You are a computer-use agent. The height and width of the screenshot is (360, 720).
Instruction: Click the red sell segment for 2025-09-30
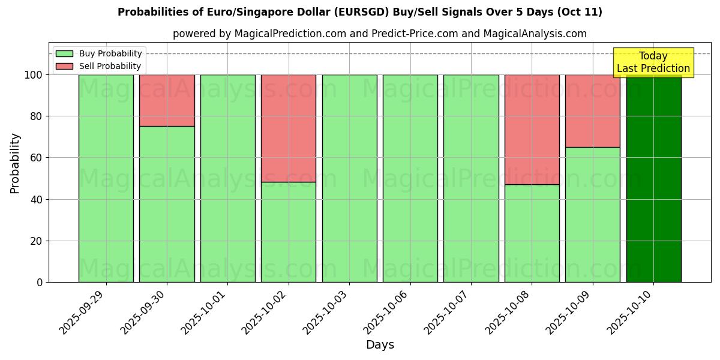tap(167, 100)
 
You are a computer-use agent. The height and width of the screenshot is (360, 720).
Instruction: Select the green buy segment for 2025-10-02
tap(288, 232)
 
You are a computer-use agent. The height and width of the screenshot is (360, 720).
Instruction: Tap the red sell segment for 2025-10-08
tap(532, 129)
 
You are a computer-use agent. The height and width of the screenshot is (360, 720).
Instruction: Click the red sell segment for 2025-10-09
tap(592, 110)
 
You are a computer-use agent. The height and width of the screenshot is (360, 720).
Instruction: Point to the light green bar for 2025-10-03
tap(349, 178)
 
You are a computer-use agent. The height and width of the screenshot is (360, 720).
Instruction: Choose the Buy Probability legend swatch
tap(64, 53)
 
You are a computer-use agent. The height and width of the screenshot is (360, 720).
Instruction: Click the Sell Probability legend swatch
tap(64, 66)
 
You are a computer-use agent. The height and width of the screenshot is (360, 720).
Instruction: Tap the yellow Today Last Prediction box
tap(653, 62)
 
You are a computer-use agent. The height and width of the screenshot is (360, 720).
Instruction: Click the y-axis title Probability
tap(15, 163)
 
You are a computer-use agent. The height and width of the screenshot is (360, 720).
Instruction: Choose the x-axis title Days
tap(380, 345)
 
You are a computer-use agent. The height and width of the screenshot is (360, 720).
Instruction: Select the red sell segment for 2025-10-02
tap(288, 128)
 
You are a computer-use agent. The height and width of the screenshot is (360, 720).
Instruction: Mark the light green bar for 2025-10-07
tap(471, 178)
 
